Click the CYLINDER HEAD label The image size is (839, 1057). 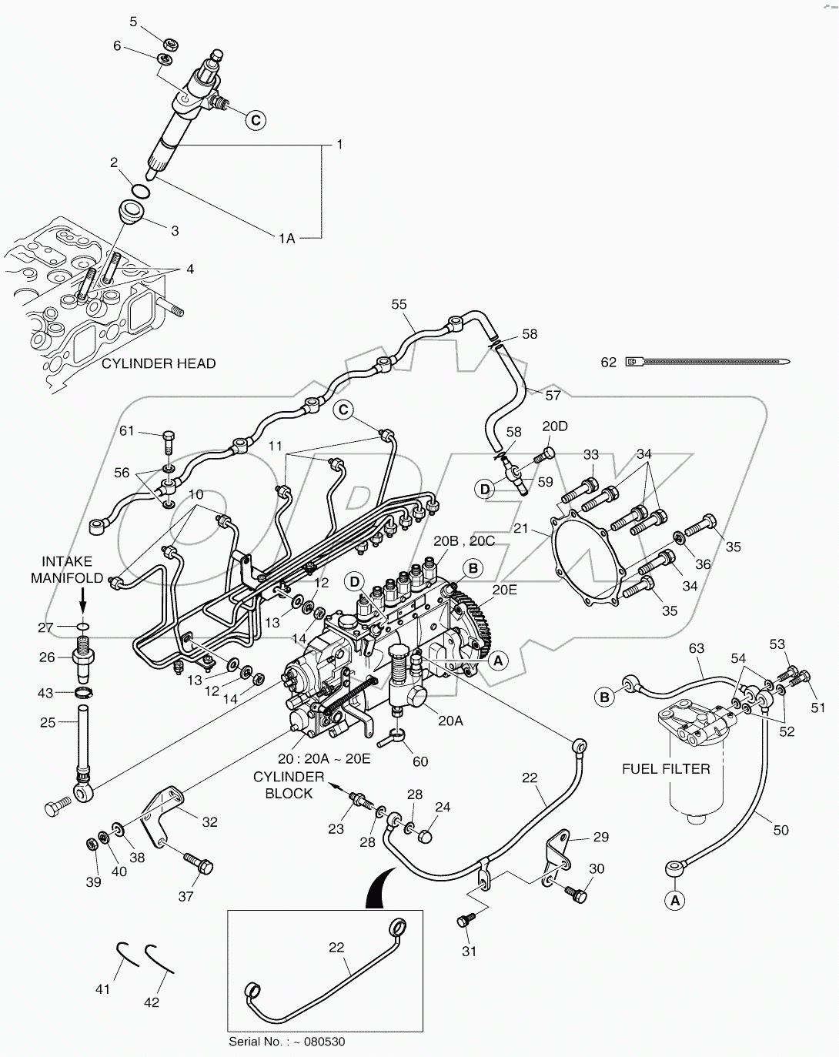click(159, 363)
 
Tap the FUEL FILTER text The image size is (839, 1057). click(666, 768)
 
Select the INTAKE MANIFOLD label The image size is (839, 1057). click(67, 570)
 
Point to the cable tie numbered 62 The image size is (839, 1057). click(708, 361)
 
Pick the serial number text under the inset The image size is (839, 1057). click(287, 1042)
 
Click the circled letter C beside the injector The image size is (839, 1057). click(256, 119)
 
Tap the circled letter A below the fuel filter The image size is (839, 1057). click(674, 898)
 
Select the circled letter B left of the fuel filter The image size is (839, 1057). click(605, 697)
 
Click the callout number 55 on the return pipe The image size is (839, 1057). click(399, 305)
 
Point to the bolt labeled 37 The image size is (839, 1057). click(199, 864)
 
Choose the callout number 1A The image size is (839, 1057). click(286, 239)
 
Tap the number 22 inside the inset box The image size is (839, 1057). click(336, 948)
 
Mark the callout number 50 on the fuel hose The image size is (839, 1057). click(781, 830)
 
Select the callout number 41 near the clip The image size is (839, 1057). click(103, 988)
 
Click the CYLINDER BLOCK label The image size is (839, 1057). click(289, 784)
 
